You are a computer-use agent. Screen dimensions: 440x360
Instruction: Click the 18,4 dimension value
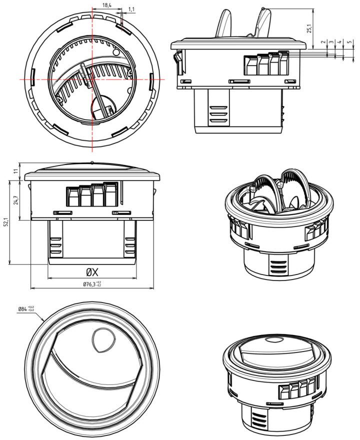pos(106,5)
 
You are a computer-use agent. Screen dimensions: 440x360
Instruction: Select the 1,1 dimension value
pos(131,9)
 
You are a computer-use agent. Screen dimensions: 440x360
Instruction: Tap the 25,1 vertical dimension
pos(309,29)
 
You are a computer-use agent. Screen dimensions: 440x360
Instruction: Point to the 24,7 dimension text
pos(15,200)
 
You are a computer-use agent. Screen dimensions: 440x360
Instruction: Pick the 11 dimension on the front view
pos(15,171)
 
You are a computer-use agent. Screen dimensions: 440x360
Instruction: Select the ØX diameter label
pos(91,272)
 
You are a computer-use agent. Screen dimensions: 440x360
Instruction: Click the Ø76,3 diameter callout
pos(92,284)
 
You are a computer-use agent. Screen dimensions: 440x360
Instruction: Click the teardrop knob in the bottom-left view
pos(102,340)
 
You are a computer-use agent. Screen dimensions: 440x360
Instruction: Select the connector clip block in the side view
pos(265,64)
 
